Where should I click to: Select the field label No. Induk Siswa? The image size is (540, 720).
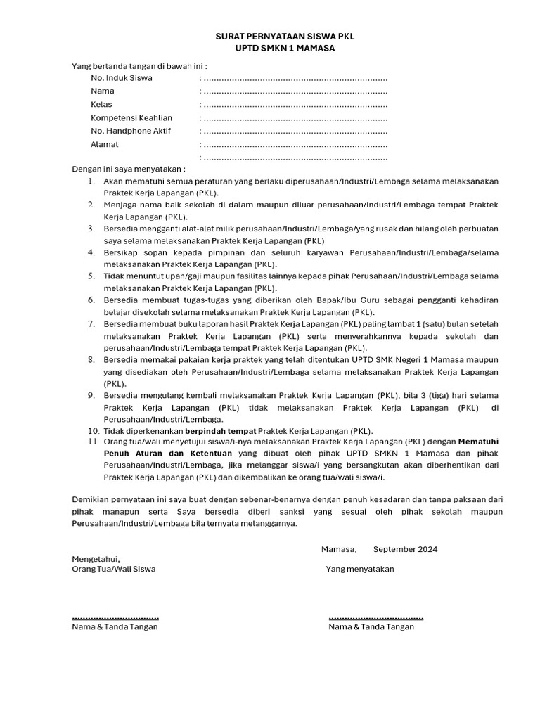click(122, 78)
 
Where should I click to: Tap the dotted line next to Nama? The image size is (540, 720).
click(294, 91)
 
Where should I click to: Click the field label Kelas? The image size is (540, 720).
click(101, 105)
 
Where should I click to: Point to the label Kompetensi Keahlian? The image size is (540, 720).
click(131, 118)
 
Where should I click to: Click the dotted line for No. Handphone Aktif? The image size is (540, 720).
click(294, 131)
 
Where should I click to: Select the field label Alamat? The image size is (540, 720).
click(105, 145)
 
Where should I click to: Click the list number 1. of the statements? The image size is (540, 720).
click(91, 181)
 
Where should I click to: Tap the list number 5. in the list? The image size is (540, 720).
click(91, 276)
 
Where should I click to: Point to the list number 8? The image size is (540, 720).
click(91, 359)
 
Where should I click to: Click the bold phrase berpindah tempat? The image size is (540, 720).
click(220, 431)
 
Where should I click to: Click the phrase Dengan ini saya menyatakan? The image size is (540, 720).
click(129, 169)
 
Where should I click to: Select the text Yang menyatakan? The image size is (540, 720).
click(360, 569)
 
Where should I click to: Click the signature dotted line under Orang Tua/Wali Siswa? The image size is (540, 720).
click(115, 617)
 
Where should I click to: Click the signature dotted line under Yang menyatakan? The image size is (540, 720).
click(375, 617)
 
